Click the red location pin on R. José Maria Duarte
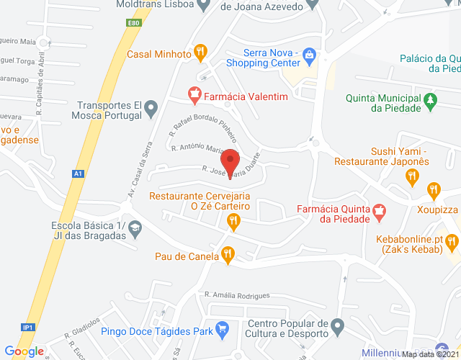tap(230, 161)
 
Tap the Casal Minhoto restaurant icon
tap(201, 53)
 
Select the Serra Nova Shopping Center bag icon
tap(309, 55)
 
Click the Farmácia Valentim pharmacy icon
tap(193, 94)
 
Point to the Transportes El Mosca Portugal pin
tap(151, 109)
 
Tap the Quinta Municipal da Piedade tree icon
tap(431, 98)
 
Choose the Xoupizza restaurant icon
tap(433, 191)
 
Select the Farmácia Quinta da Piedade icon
tap(380, 211)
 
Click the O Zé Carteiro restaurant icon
tap(233, 223)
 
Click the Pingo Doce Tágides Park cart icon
tap(223, 331)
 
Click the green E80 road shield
tap(133, 23)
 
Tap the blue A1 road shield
tap(78, 174)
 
